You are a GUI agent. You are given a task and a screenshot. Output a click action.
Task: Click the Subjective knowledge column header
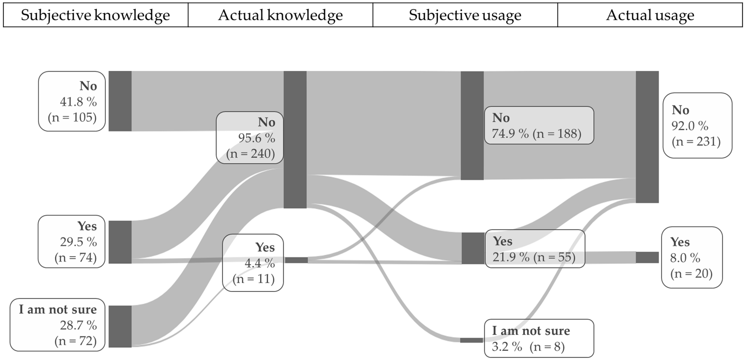click(x=95, y=15)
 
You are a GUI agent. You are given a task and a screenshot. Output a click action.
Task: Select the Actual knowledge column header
click(x=280, y=15)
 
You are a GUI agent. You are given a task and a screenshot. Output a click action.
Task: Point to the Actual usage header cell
click(x=650, y=15)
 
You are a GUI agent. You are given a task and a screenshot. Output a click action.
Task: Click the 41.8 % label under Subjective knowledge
click(x=78, y=102)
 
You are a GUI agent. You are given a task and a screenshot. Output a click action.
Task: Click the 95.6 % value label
click(x=256, y=138)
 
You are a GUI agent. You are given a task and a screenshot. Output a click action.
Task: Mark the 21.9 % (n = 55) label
click(x=534, y=257)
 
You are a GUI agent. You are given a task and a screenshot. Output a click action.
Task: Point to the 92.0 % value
click(x=690, y=126)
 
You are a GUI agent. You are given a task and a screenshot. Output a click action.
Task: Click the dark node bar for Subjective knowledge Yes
click(x=120, y=242)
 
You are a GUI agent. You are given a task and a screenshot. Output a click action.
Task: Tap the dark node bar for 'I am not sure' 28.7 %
click(x=120, y=326)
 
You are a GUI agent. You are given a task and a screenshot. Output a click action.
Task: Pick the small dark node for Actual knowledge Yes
click(x=296, y=260)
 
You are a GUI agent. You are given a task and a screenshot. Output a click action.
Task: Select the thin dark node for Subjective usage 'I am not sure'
click(x=471, y=340)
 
